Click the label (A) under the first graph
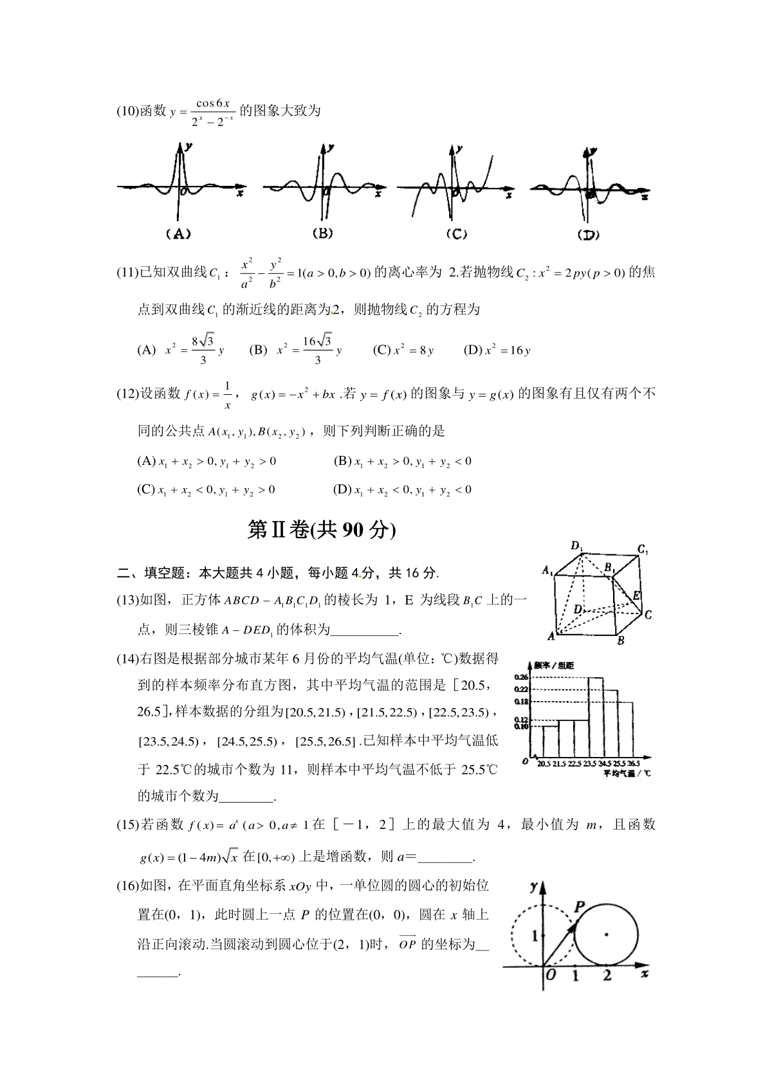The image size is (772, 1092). [x=178, y=234]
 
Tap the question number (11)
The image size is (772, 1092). [x=127, y=273]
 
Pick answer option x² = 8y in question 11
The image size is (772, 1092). [x=404, y=350]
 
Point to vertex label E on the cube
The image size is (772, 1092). [x=636, y=596]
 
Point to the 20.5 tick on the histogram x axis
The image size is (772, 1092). [x=544, y=763]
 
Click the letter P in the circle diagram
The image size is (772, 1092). [x=578, y=907]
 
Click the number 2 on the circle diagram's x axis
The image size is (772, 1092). [x=606, y=976]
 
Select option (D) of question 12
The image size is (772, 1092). [x=402, y=489]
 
